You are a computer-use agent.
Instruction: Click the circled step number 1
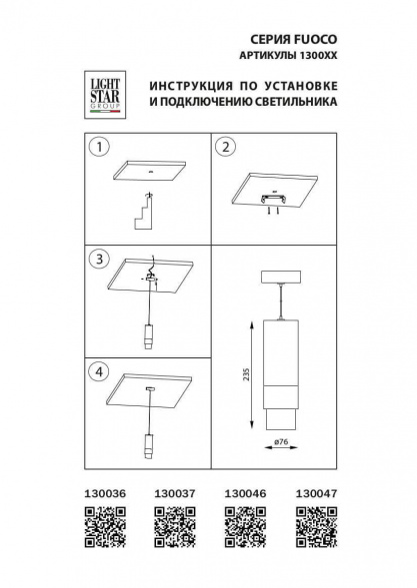pos(97,150)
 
